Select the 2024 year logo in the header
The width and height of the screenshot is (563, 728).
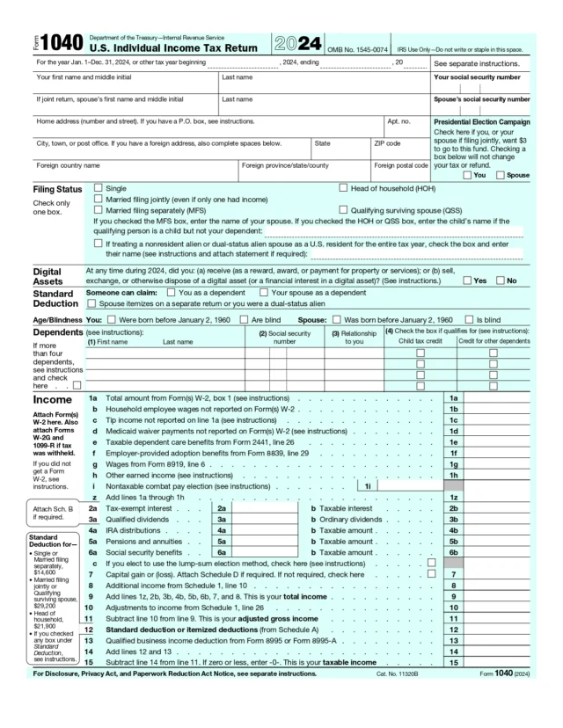(x=291, y=42)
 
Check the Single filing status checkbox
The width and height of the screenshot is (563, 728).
(x=98, y=188)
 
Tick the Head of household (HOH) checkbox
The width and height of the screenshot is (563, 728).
(x=343, y=188)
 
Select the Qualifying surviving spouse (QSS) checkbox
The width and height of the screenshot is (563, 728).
(x=343, y=211)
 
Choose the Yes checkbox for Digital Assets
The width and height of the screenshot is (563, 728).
(x=467, y=280)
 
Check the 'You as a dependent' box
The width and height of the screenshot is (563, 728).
(x=172, y=292)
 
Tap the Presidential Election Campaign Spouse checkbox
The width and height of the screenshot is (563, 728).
(x=500, y=175)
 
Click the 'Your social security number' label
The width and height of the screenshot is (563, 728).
(x=481, y=78)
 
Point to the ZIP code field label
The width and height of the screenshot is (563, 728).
(x=388, y=142)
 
